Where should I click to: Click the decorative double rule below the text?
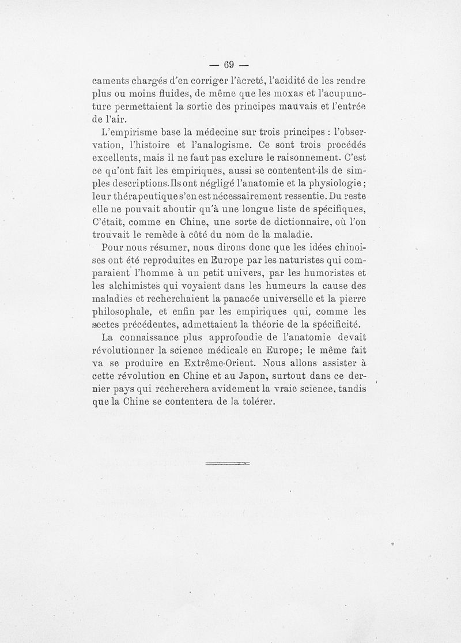coord(226,463)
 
